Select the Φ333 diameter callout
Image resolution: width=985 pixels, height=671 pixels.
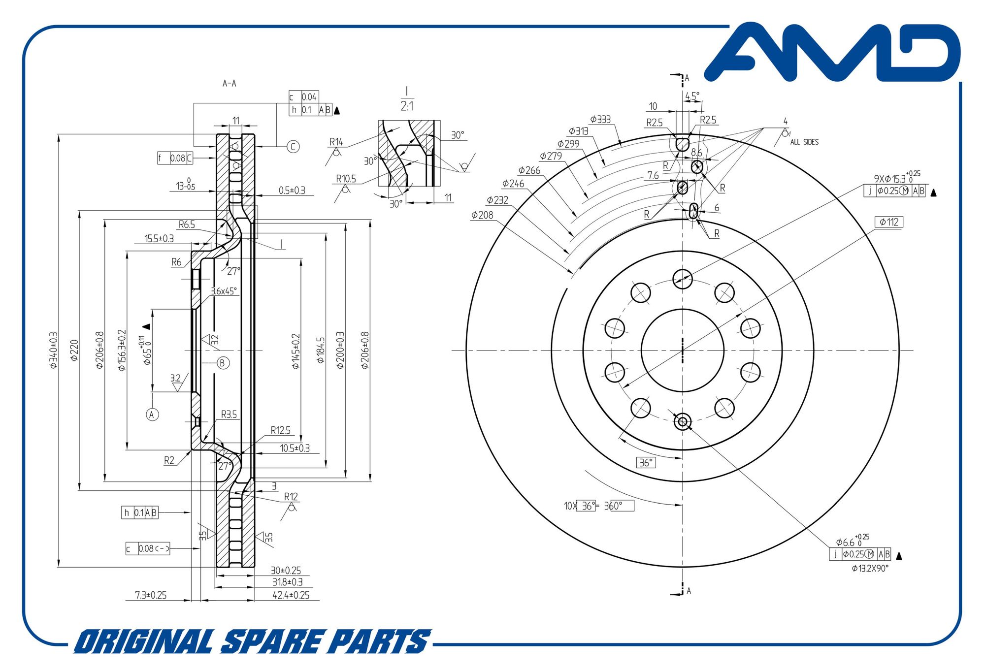(x=600, y=120)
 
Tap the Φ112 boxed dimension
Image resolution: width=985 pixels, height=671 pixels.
(x=888, y=222)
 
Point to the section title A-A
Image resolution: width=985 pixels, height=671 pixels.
(x=229, y=83)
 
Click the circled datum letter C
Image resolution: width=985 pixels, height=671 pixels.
(x=293, y=146)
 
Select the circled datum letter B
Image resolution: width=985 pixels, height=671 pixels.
(x=223, y=363)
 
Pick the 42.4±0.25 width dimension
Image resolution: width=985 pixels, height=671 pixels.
(x=291, y=595)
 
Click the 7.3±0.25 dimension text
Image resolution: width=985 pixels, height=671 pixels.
(x=151, y=595)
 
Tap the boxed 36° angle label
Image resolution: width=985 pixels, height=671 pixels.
(x=645, y=463)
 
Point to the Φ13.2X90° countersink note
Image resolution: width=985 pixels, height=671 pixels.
(x=870, y=569)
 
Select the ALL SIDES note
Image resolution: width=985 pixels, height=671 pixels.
(x=804, y=142)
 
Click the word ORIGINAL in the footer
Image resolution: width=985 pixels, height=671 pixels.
(x=143, y=642)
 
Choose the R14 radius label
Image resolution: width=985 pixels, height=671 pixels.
(x=336, y=142)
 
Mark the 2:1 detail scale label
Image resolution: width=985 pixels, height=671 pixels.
(x=407, y=106)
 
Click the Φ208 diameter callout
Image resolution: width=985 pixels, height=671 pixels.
(x=482, y=215)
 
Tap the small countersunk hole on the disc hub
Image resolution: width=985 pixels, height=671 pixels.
(x=682, y=422)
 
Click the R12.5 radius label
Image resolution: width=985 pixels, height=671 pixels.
(x=280, y=430)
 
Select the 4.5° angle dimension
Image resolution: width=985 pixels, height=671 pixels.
(x=692, y=96)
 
